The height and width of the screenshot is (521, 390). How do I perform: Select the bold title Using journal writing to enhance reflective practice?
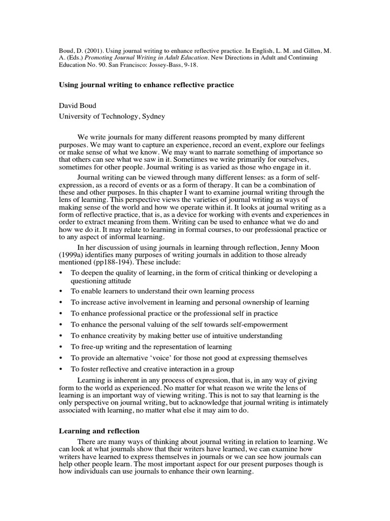[147, 85]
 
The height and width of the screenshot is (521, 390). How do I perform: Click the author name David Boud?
[79, 106]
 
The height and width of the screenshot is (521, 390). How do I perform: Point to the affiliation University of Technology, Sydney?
[112, 116]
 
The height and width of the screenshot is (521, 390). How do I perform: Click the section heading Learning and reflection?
[99, 431]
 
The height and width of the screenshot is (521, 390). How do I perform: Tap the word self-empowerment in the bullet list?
[257, 325]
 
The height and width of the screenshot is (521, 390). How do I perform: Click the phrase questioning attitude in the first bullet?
[101, 281]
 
